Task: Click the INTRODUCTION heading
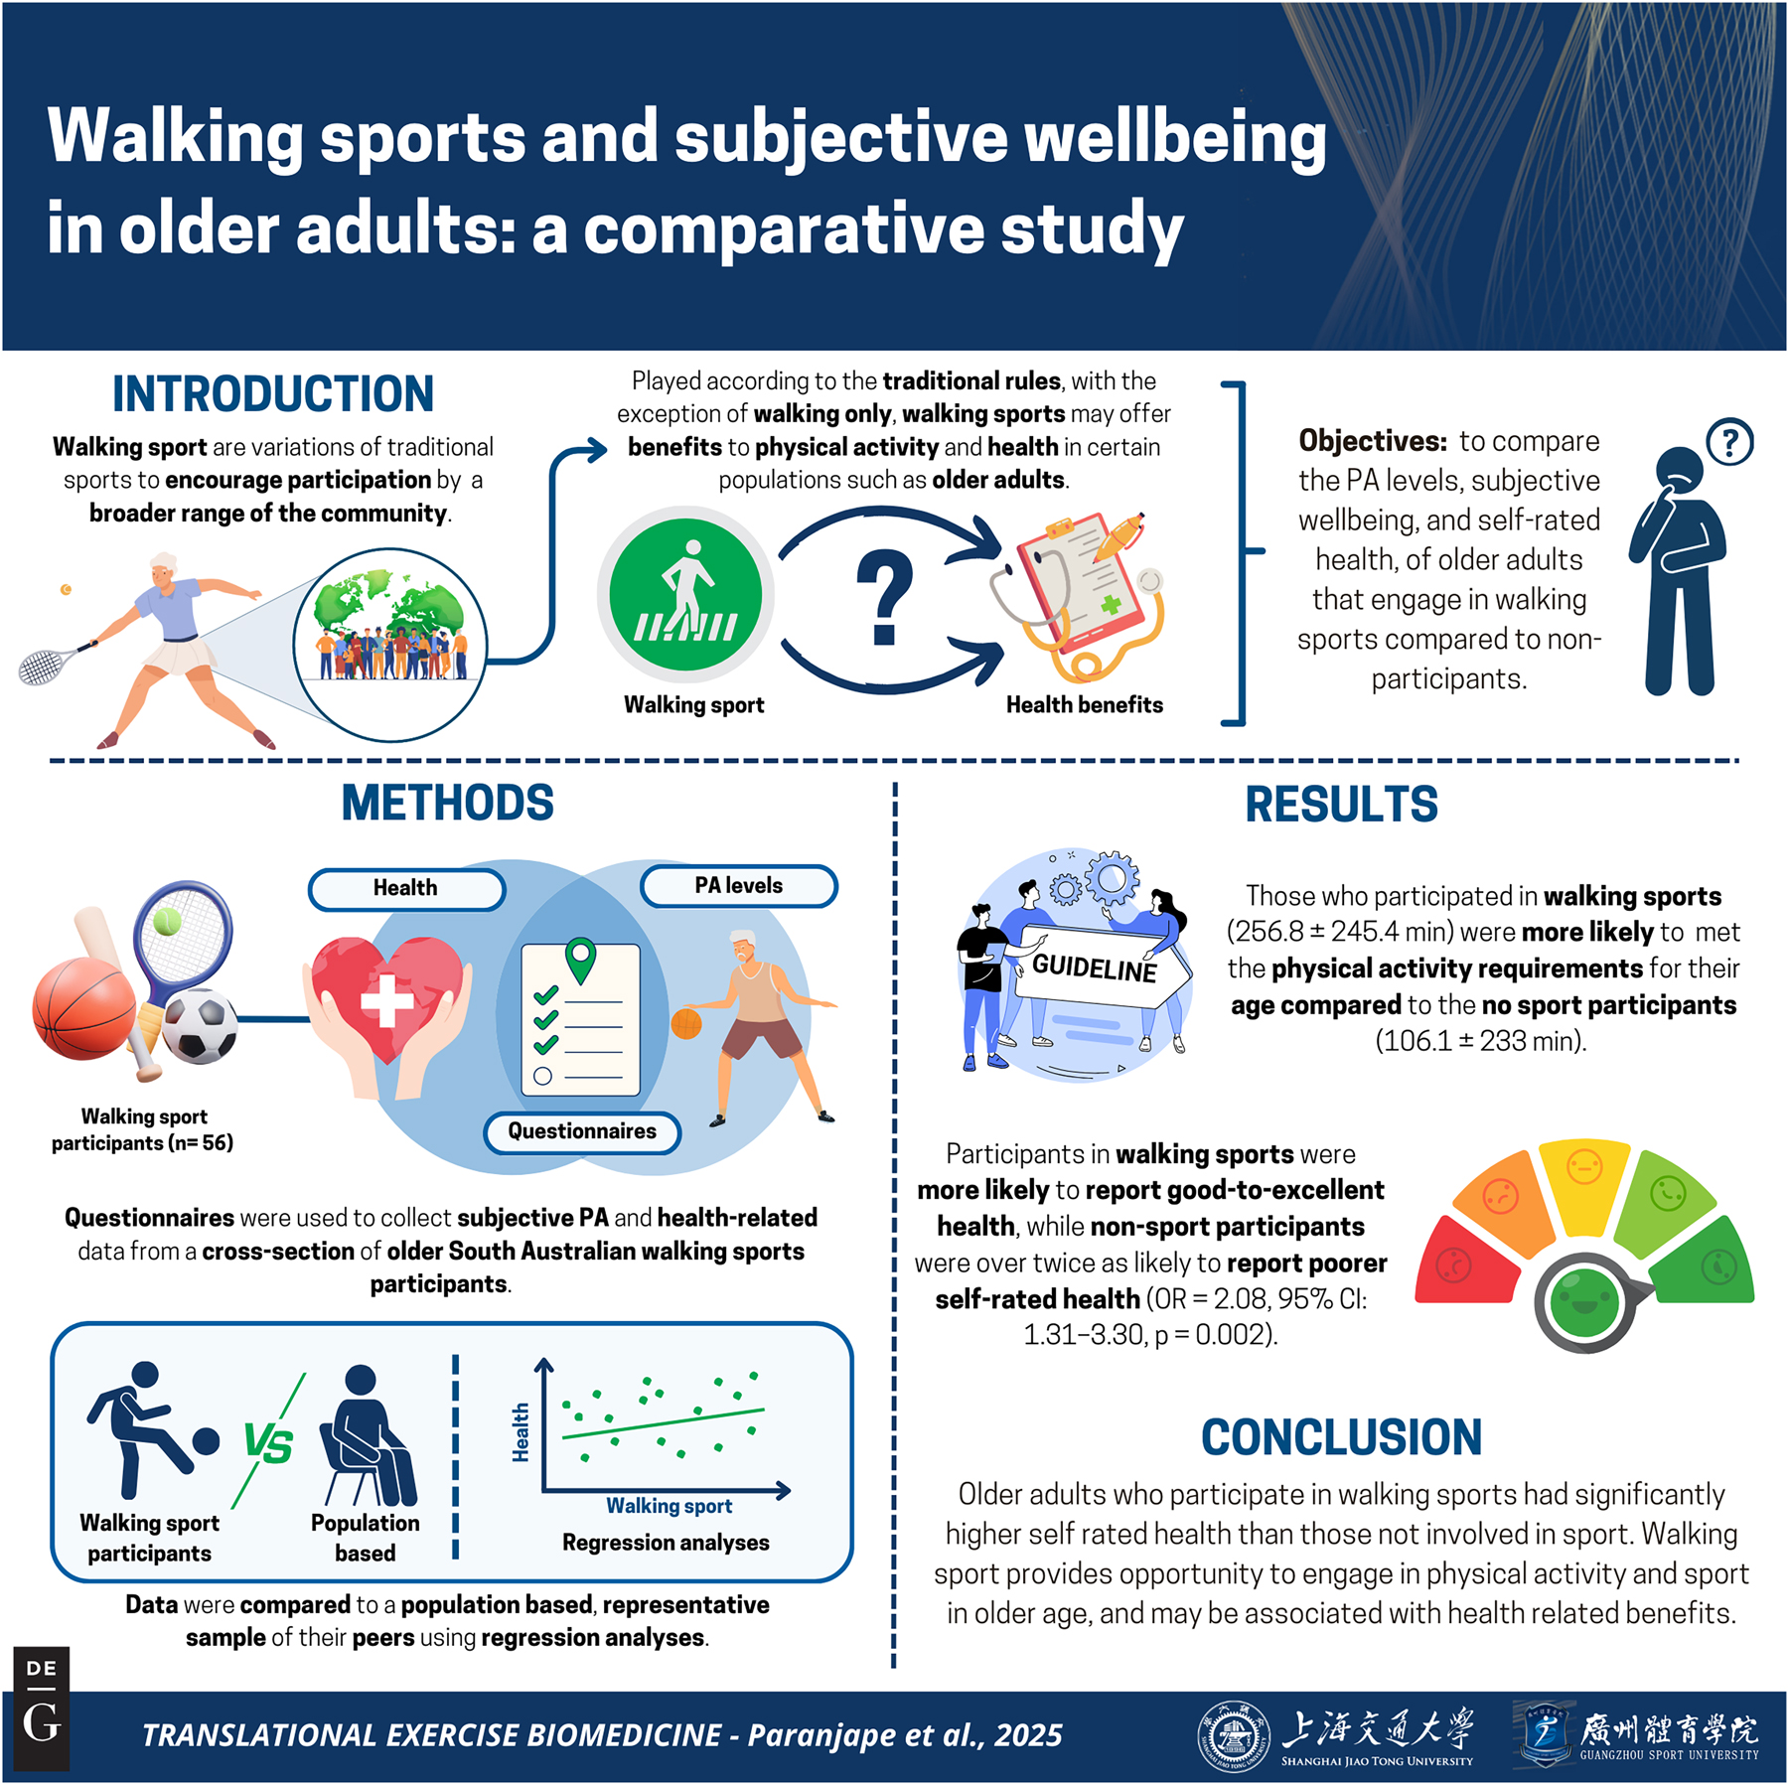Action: click(273, 394)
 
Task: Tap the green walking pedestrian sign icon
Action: click(685, 594)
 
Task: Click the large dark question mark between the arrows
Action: click(884, 599)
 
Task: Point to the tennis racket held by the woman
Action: click(56, 664)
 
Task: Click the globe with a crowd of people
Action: click(390, 645)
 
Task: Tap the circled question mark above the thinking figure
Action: click(1729, 442)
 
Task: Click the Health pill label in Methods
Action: click(406, 888)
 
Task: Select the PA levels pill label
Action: click(739, 886)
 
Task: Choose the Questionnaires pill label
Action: click(582, 1131)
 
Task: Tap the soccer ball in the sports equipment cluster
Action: click(200, 1026)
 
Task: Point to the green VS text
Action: click(269, 1444)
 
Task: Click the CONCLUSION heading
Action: click(1341, 1437)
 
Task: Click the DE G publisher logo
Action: click(42, 1710)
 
